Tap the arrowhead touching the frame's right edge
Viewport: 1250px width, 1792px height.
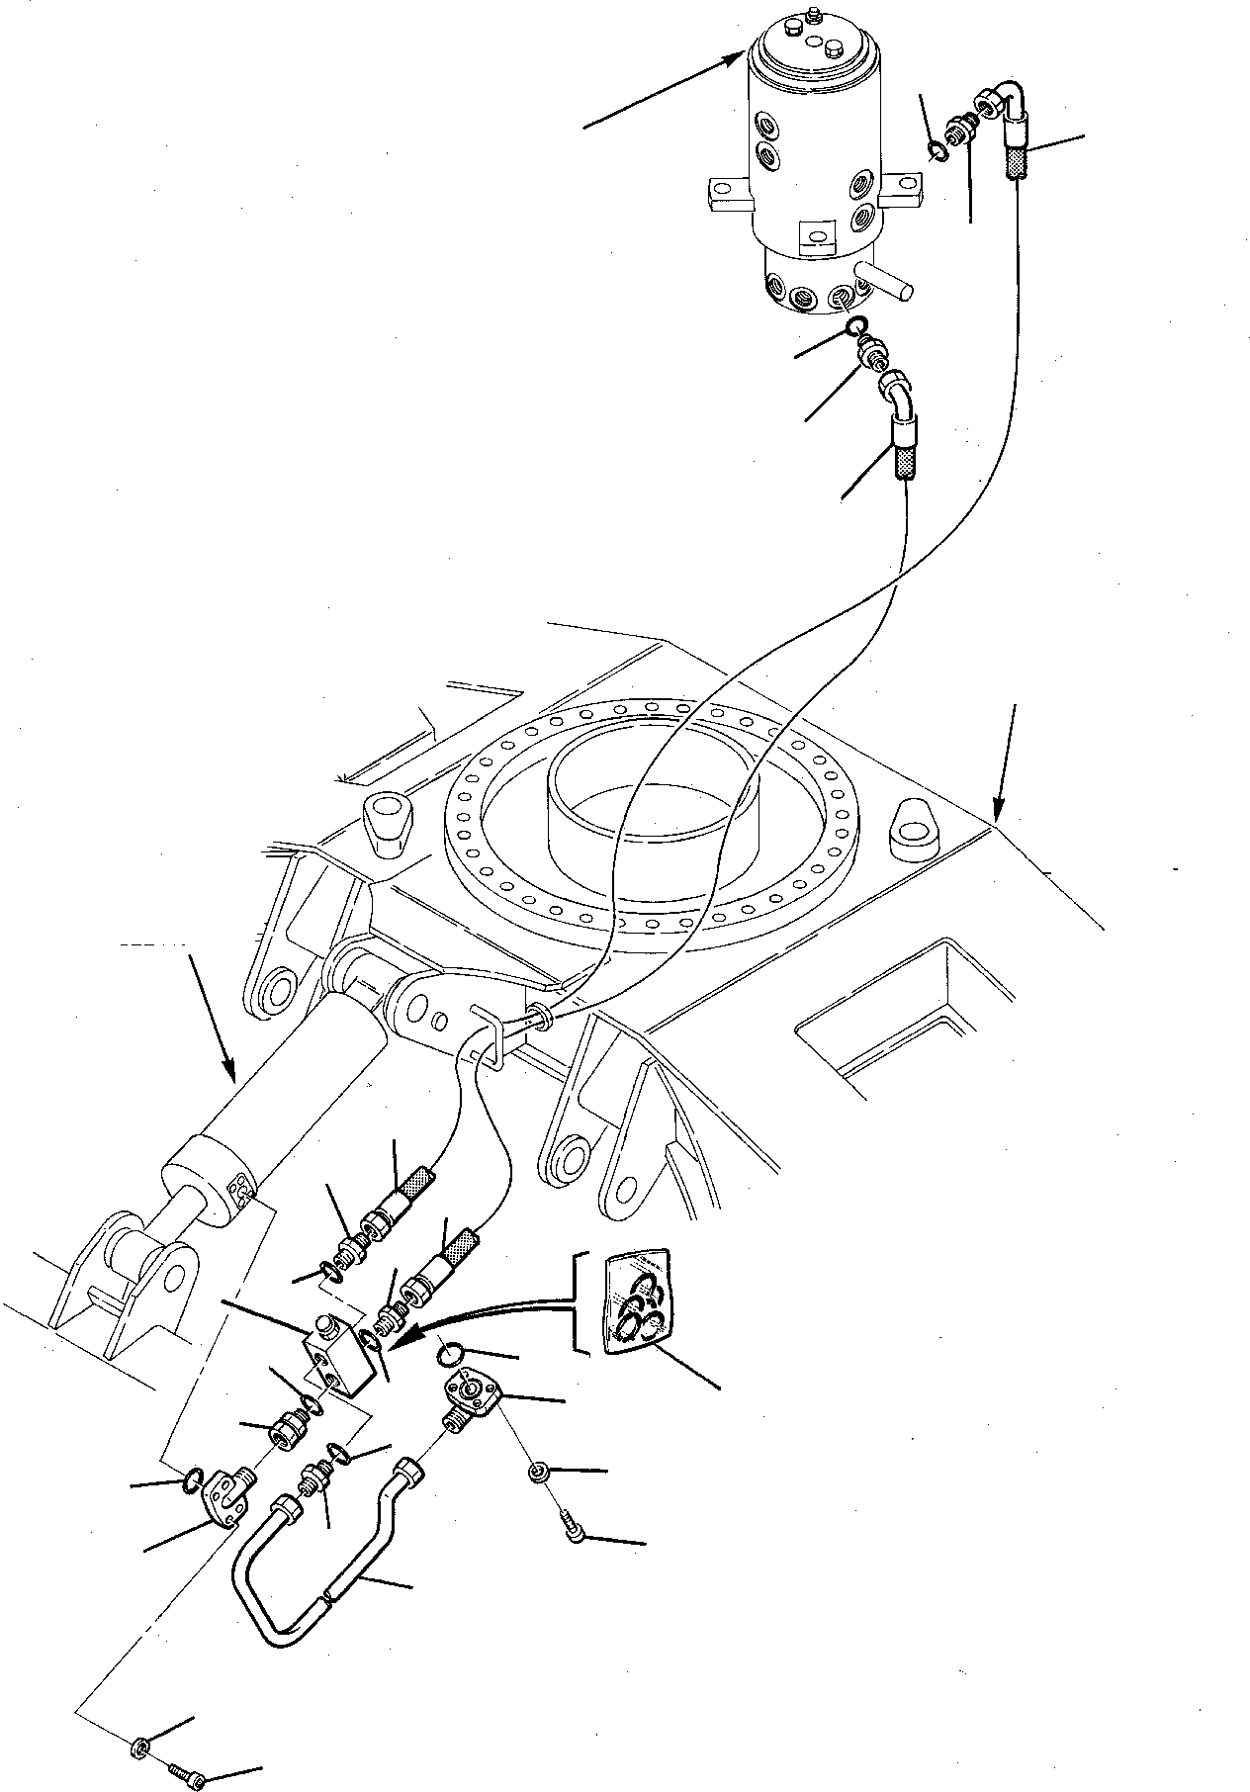point(999,817)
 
